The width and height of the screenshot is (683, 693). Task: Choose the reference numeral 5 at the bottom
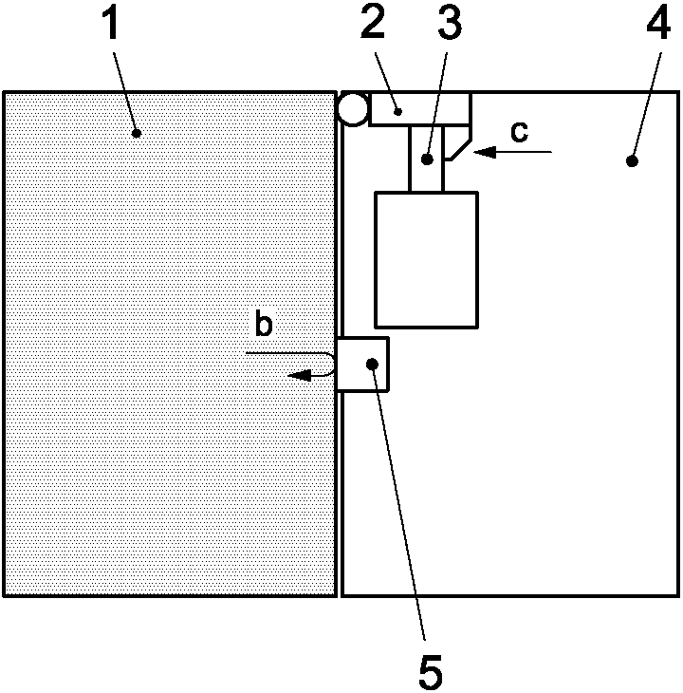point(430,673)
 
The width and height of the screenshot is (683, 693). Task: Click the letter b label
point(264,325)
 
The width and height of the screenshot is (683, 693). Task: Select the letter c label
point(518,133)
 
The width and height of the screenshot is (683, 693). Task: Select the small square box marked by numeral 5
point(362,364)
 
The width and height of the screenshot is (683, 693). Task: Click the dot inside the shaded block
point(137,133)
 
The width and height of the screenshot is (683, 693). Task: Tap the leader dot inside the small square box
point(374,364)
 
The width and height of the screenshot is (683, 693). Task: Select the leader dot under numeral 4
point(631,161)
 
